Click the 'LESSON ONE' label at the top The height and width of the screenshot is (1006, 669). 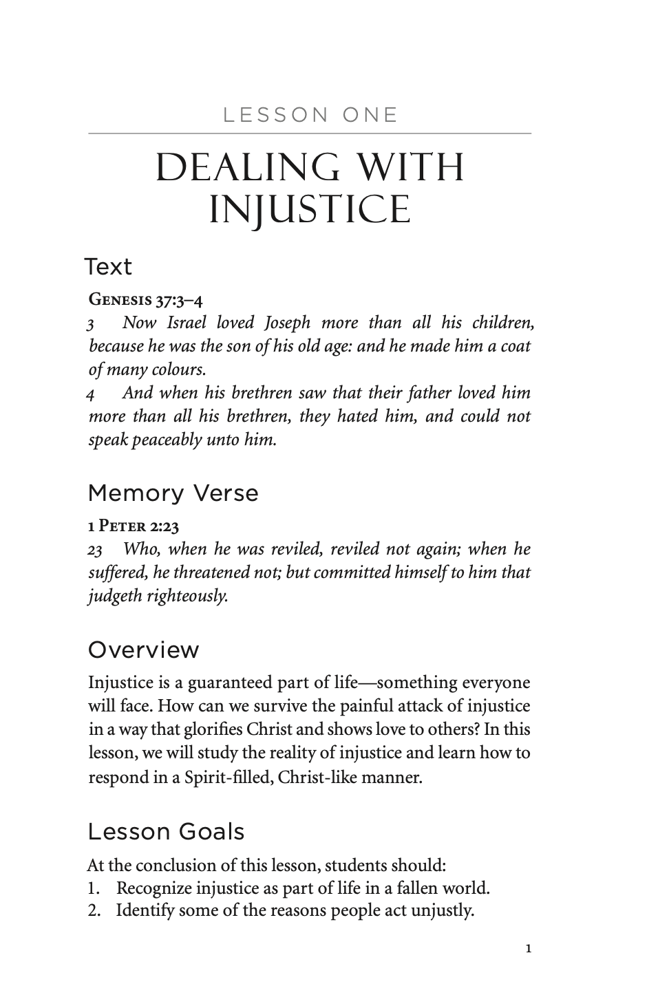tap(310, 115)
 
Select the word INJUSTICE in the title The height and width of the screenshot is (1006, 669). tap(310, 208)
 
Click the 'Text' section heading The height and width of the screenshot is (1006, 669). tap(108, 266)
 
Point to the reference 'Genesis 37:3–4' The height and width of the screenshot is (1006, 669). tap(146, 299)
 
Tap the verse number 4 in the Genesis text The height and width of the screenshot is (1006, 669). tap(91, 394)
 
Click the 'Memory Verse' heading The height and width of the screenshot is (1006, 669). tap(173, 493)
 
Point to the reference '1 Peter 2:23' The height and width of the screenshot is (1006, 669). tap(134, 527)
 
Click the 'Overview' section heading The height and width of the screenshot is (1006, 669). tap(144, 650)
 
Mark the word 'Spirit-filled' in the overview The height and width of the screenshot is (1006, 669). tap(225, 777)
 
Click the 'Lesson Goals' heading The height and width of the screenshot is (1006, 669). tap(167, 831)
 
